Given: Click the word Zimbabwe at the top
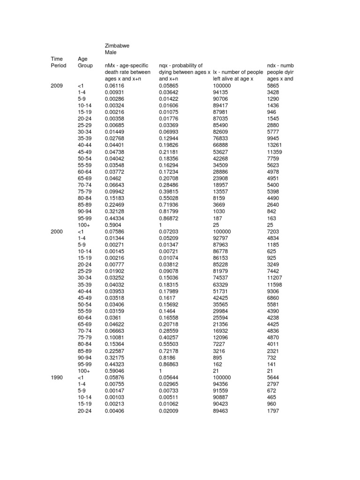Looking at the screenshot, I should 117,45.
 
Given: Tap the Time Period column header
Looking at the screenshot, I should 59,62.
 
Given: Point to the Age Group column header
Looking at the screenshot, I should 85,62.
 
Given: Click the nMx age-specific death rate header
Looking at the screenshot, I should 127,72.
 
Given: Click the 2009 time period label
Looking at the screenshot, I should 57,86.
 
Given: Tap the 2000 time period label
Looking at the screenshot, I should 57,232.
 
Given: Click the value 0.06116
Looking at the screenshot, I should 115,86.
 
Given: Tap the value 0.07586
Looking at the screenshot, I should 115,232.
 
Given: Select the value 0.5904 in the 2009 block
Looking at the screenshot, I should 113,225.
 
